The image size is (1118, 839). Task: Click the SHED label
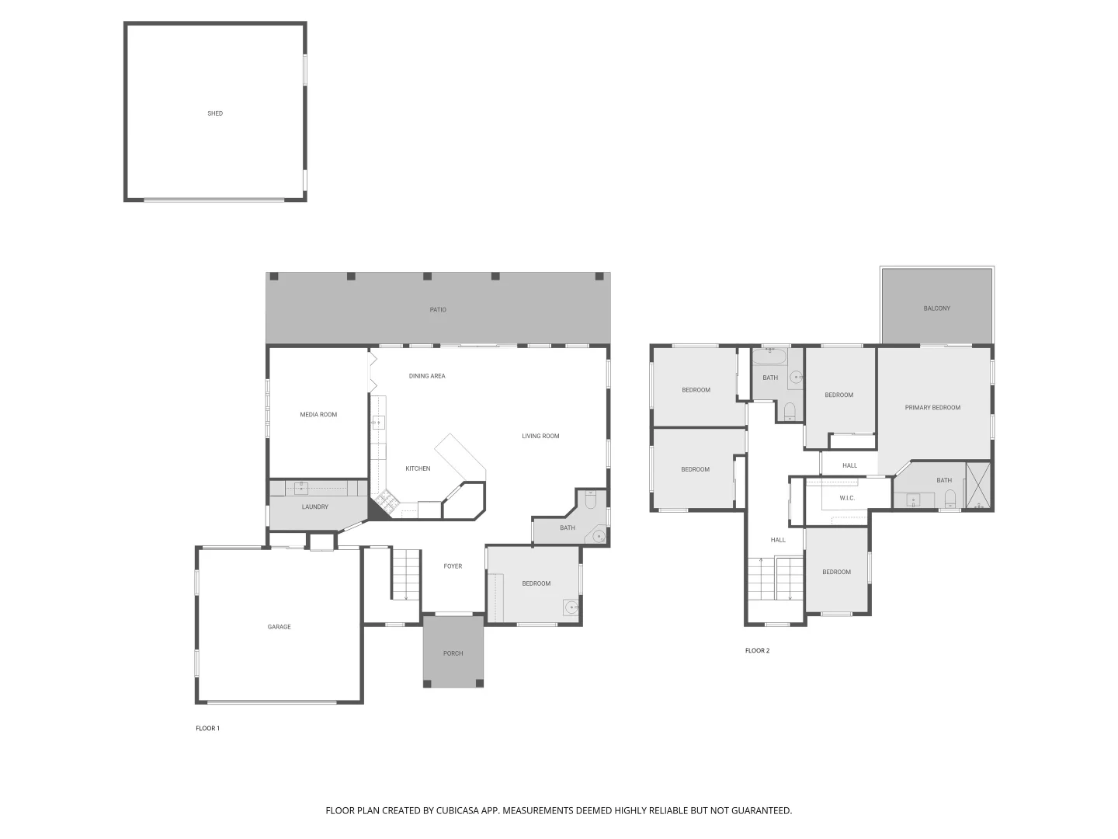tap(215, 113)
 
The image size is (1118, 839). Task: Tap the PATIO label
tap(438, 310)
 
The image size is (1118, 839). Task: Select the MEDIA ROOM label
tap(318, 415)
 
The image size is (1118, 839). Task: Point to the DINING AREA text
tap(427, 376)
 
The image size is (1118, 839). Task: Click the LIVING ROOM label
tap(540, 437)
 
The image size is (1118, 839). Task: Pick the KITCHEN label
tap(418, 468)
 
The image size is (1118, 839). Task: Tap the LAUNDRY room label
tap(314, 507)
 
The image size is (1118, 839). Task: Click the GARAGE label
tap(279, 627)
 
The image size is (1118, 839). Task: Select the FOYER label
tap(453, 566)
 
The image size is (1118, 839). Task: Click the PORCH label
tap(453, 653)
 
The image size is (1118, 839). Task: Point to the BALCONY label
tap(936, 308)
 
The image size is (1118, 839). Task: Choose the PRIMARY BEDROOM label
tap(932, 408)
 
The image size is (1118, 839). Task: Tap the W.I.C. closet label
tap(847, 498)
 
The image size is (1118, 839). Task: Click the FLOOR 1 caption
tap(207, 729)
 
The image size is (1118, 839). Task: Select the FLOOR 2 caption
tap(757, 651)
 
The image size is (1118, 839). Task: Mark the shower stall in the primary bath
tap(978, 486)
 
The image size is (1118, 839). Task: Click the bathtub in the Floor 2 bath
tap(769, 360)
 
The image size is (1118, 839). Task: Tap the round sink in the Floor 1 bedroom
tap(571, 607)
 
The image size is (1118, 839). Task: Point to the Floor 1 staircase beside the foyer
tap(404, 574)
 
